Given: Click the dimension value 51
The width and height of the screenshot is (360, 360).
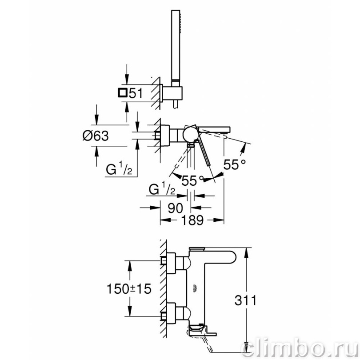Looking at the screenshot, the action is point(136,93).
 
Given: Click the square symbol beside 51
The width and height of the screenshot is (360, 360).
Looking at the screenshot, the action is point(122,93).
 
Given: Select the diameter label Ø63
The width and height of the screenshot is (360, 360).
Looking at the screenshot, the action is point(96,136).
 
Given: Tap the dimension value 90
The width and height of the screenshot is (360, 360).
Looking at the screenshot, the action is point(175,208).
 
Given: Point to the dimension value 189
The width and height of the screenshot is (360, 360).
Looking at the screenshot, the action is point(192,220).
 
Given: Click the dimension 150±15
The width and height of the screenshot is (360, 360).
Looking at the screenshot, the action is point(129,288).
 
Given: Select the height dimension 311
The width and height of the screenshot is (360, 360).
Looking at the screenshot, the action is point(245,300).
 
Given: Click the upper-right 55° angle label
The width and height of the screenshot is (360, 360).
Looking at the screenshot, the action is point(234,164).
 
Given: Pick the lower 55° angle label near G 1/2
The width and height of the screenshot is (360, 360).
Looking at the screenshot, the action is point(192,180).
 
